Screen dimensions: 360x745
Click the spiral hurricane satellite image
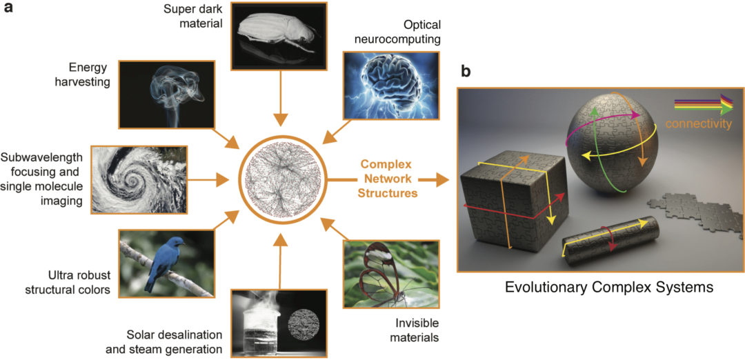click(139, 178)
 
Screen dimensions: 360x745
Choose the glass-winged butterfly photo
click(390, 273)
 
